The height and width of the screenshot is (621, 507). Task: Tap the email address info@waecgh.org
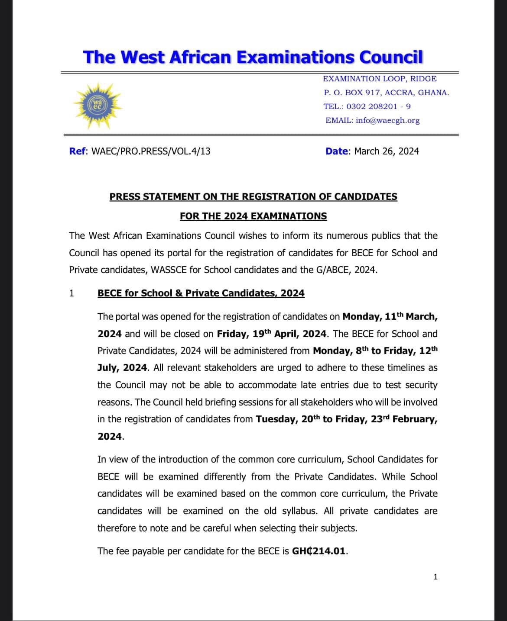(387, 120)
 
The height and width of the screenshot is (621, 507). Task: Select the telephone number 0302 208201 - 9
(378, 106)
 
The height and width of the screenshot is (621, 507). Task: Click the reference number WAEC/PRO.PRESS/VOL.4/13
(151, 151)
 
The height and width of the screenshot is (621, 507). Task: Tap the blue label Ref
(78, 151)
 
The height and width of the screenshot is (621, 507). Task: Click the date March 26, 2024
(387, 151)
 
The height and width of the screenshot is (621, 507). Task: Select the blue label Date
(337, 151)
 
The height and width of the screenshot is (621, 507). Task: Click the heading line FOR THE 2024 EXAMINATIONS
(253, 216)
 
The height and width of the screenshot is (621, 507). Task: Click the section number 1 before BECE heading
(71, 293)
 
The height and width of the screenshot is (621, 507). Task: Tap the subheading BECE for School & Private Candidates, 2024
(201, 293)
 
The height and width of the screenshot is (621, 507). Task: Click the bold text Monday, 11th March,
(390, 316)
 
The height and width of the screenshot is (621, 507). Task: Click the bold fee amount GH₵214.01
(320, 551)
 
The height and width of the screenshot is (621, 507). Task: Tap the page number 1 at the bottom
(435, 576)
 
